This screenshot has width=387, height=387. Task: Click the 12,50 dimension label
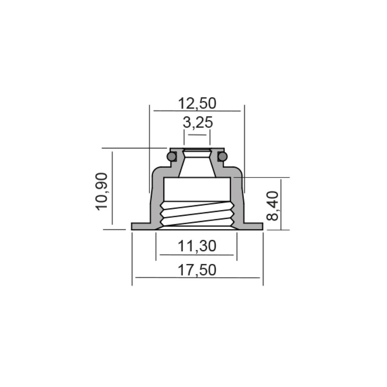click(197, 103)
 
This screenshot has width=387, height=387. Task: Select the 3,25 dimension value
click(198, 123)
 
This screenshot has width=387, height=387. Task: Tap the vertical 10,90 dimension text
click(102, 191)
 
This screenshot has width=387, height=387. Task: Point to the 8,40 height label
click(272, 206)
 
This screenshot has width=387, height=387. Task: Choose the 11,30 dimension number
click(197, 246)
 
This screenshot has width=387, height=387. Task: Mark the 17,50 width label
click(197, 270)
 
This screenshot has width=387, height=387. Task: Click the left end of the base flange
click(132, 226)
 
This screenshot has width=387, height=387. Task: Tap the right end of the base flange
click(262, 226)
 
